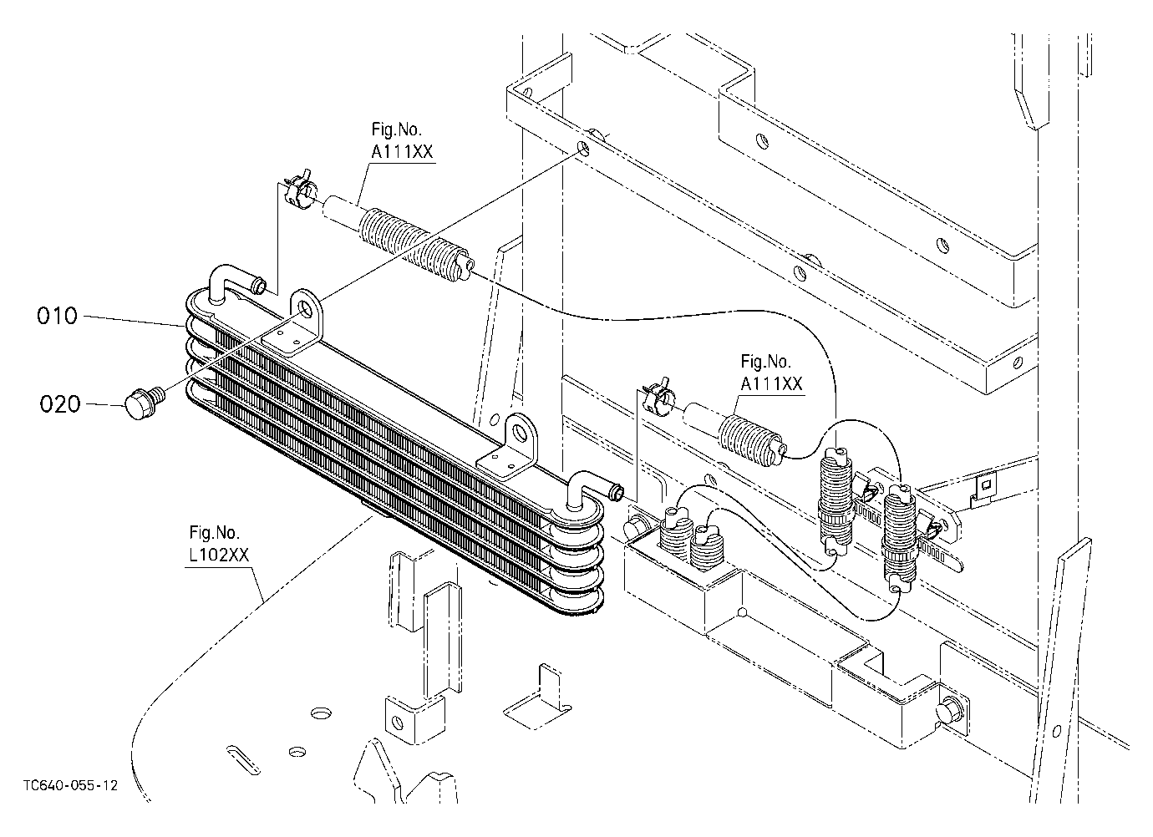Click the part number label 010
pyautogui.click(x=57, y=316)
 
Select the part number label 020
pyautogui.click(x=60, y=404)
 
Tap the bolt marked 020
pyautogui.click(x=143, y=404)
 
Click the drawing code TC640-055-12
pyautogui.click(x=70, y=785)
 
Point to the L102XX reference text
pyautogui.click(x=219, y=555)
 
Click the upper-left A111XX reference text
pyautogui.click(x=402, y=152)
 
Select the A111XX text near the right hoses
pyautogui.click(x=771, y=384)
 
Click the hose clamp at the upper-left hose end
pyautogui.click(x=300, y=189)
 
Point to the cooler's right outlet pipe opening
pyautogui.click(x=617, y=490)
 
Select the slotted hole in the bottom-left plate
pyautogui.click(x=243, y=759)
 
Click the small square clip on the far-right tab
pyautogui.click(x=986, y=484)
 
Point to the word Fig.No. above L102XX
pyautogui.click(x=214, y=532)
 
